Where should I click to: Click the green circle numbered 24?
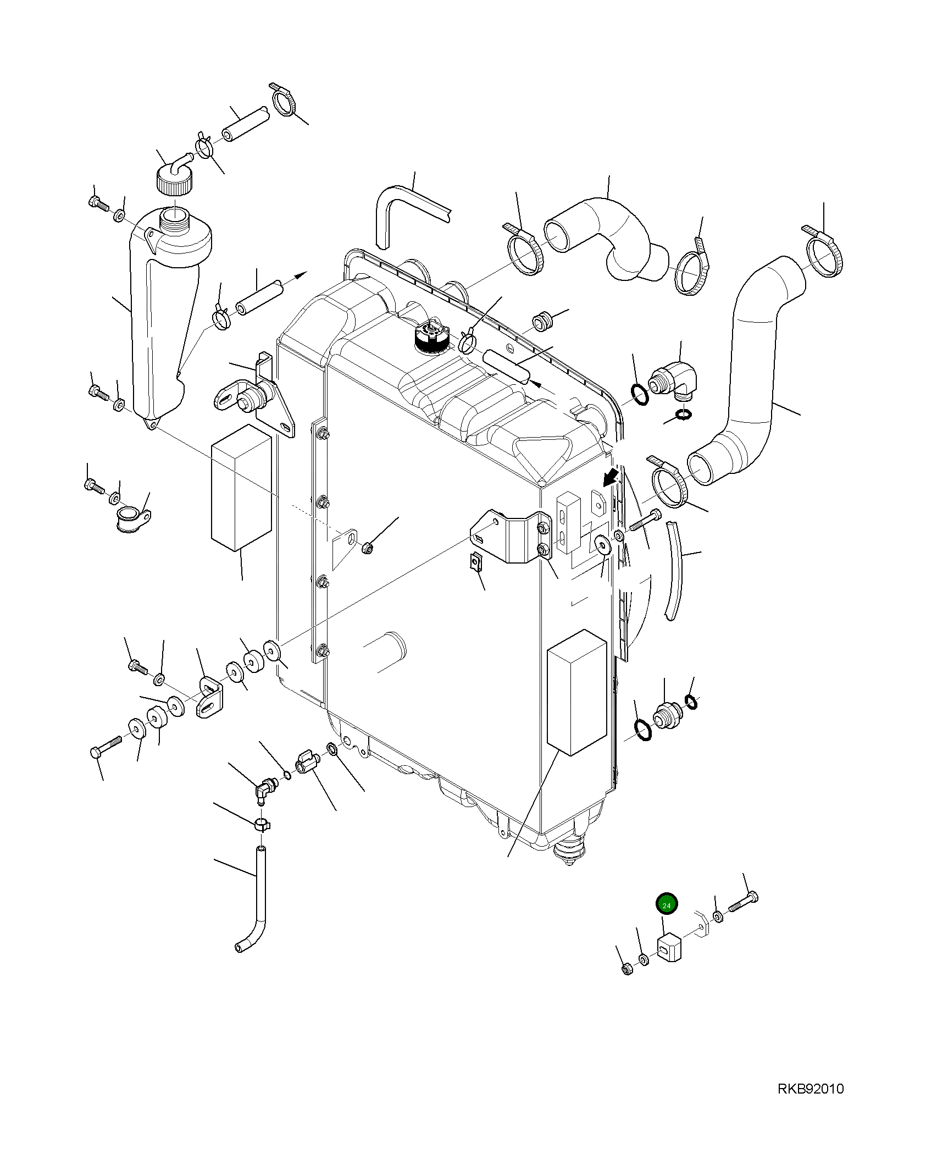click(667, 905)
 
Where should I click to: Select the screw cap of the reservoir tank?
click(175, 181)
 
